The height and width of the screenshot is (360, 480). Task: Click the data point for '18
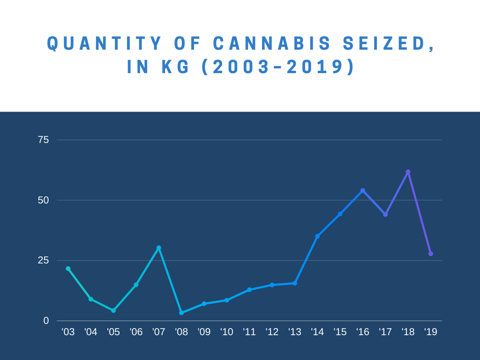408,172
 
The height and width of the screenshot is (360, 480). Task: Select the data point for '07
158,248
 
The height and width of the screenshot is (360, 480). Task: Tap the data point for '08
181,313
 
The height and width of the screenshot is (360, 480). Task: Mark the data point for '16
363,191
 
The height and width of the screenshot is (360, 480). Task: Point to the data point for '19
431,254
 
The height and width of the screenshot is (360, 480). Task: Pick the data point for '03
68,269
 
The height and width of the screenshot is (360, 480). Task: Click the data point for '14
317,236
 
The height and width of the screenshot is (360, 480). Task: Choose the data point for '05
113,310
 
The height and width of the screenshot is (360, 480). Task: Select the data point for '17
385,215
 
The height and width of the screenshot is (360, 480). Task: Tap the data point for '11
249,290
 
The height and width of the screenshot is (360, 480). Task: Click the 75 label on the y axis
43,140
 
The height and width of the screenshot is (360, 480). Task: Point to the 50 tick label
43,200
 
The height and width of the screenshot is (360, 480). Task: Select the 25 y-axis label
43,260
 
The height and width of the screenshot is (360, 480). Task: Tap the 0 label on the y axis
46,321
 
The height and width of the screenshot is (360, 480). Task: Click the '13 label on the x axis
294,332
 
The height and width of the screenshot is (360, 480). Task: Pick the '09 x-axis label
204,332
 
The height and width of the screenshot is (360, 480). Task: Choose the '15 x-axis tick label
340,332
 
